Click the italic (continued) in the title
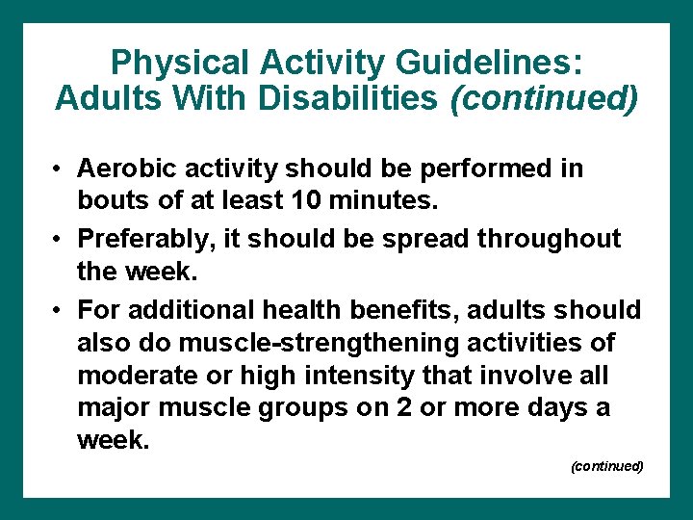[544, 98]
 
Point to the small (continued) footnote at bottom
[606, 466]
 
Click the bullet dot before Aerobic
[59, 169]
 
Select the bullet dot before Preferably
[59, 239]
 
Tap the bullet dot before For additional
[59, 310]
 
